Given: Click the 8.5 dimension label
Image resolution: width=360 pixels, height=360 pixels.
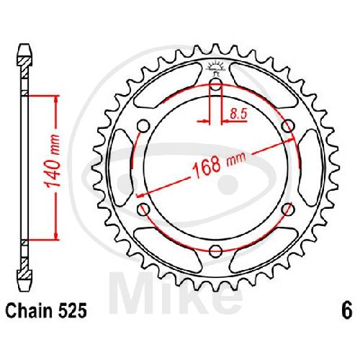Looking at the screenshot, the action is pyautogui.click(x=238, y=113).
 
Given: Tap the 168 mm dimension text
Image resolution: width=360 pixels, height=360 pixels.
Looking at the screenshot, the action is pyautogui.click(x=219, y=164).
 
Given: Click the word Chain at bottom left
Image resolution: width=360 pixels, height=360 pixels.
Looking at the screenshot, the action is pyautogui.click(x=29, y=311).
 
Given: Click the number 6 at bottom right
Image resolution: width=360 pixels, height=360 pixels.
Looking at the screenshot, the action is pyautogui.click(x=347, y=311).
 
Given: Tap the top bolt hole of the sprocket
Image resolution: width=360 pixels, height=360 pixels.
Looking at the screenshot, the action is pyautogui.click(x=216, y=84).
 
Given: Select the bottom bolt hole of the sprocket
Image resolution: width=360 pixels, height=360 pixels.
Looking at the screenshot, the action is pyautogui.click(x=215, y=251).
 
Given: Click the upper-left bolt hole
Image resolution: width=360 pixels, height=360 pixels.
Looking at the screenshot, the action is pyautogui.click(x=143, y=126).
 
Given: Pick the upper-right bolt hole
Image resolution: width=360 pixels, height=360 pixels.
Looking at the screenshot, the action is pyautogui.click(x=288, y=126).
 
